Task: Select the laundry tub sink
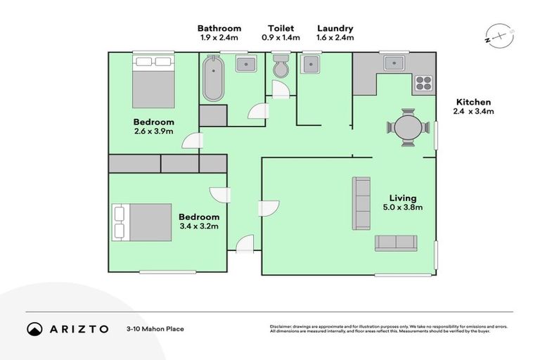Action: click(x=310, y=65)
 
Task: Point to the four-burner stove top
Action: click(x=424, y=84)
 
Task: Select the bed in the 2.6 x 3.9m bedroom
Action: click(x=153, y=81)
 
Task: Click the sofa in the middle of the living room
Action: click(x=361, y=203)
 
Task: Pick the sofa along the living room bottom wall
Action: click(x=396, y=243)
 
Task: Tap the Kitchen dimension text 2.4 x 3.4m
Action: click(x=473, y=112)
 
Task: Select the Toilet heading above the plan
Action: click(x=281, y=28)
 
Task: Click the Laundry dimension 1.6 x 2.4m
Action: click(x=335, y=38)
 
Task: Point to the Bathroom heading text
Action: click(x=219, y=28)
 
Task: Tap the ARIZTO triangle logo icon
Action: click(x=34, y=328)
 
